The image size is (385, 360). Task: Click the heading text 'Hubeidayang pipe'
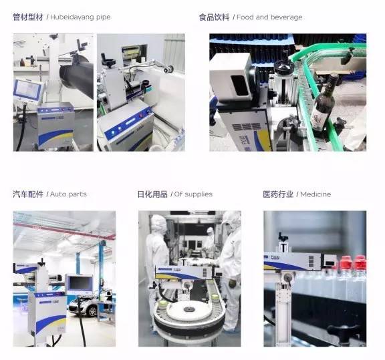[x=80, y=17]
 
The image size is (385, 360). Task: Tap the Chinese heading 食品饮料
[x=214, y=17]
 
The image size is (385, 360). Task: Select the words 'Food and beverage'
[x=269, y=17]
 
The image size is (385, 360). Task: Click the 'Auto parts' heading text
[x=68, y=194]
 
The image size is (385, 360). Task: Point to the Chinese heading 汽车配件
[x=28, y=194]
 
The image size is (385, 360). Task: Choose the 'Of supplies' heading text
[x=193, y=194]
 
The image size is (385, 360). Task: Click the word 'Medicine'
[x=315, y=194]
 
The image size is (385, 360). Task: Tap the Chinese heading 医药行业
[x=278, y=194]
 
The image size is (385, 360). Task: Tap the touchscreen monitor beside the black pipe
[x=28, y=90]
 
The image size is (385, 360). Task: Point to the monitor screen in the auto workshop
[x=80, y=283]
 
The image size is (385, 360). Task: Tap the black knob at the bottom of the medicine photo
[x=342, y=331]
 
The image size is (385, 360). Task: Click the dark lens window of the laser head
[x=239, y=85]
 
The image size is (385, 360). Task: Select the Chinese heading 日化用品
[x=152, y=194]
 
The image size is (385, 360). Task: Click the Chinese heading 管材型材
[x=28, y=17]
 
